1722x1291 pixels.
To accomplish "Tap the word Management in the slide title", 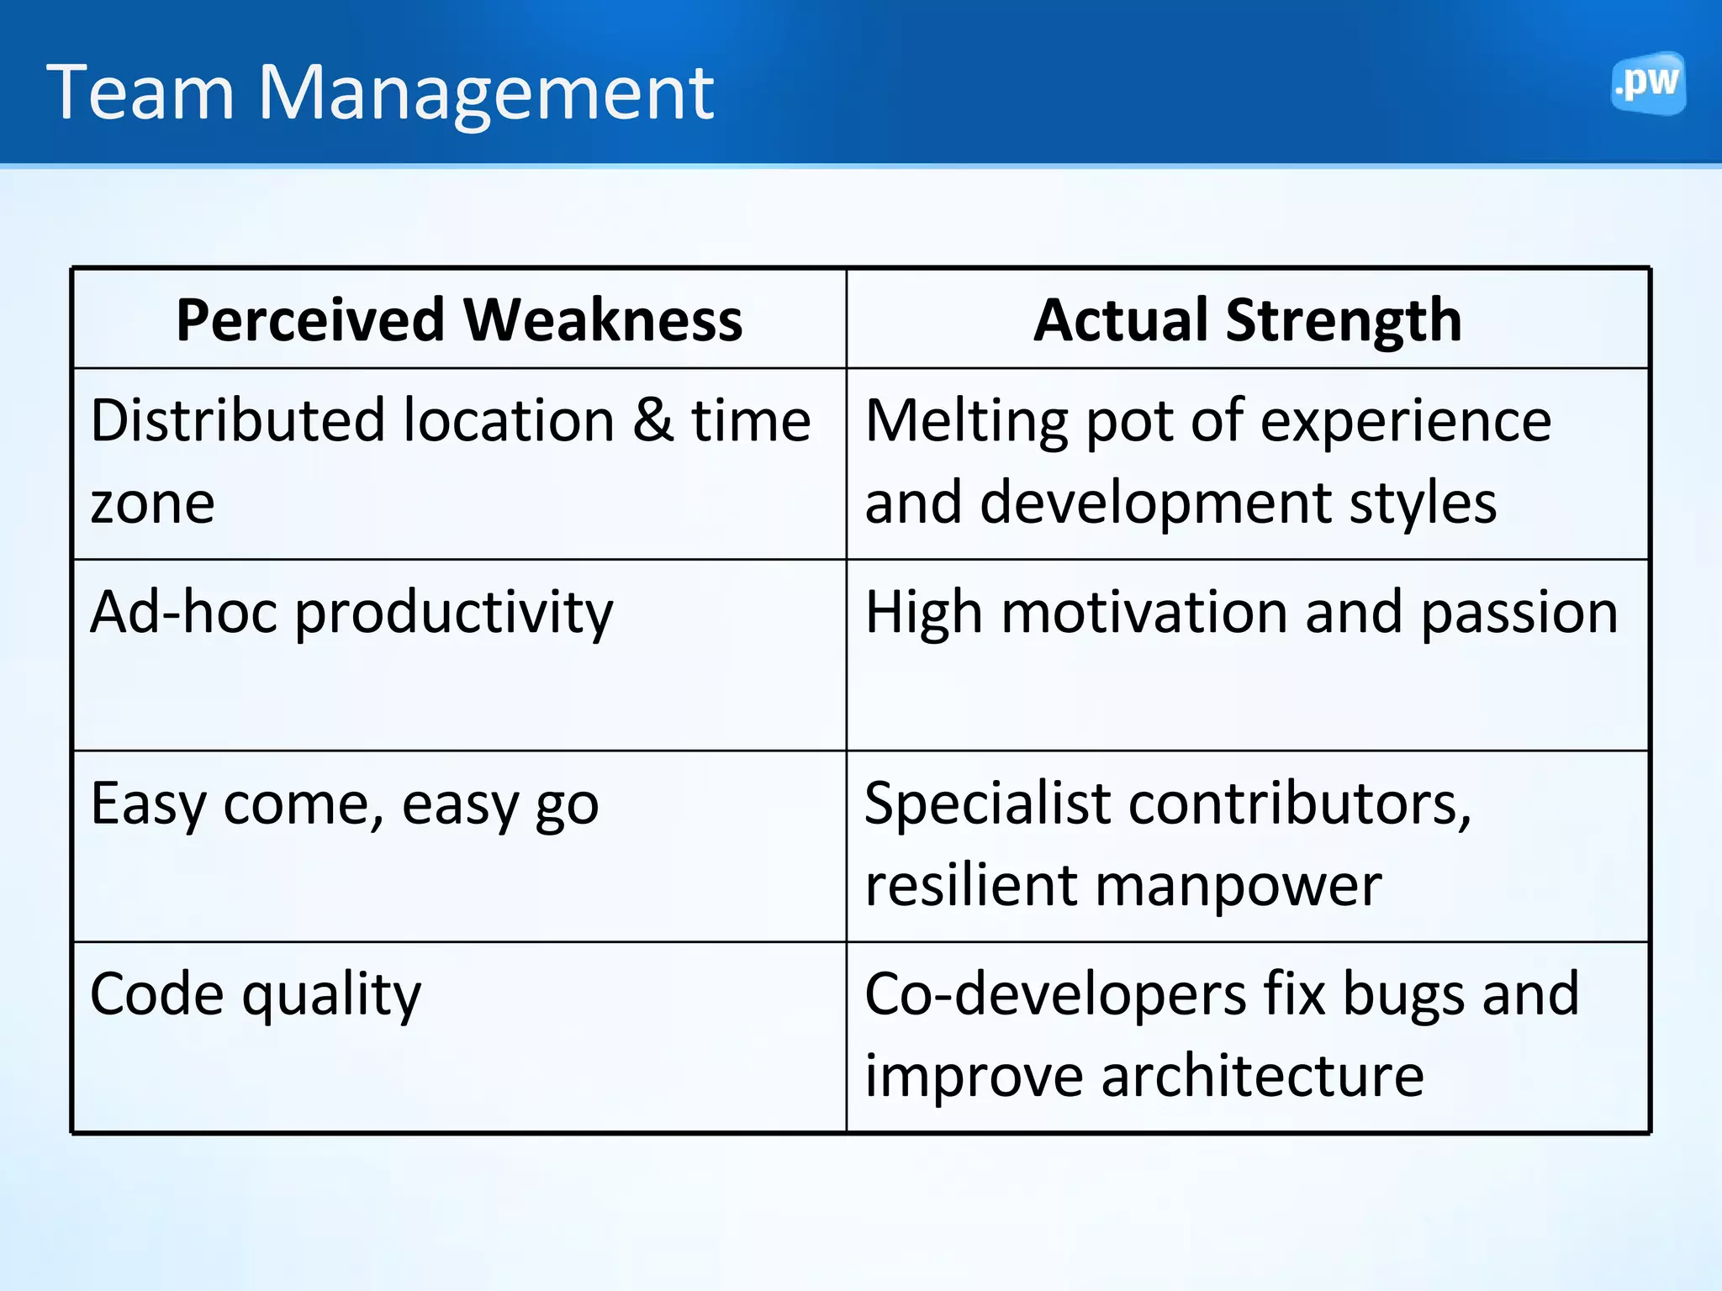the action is tap(485, 94).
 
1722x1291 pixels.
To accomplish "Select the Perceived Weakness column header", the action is tap(459, 320).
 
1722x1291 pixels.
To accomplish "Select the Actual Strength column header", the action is tap(1248, 320).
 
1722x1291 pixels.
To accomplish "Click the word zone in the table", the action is tap(152, 504).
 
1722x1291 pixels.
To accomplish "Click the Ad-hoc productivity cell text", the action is tap(351, 614).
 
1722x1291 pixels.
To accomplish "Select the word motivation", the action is tap(1144, 612).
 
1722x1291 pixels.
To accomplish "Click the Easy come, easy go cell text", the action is tap(344, 805).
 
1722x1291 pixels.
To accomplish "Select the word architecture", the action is tap(1262, 1077).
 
